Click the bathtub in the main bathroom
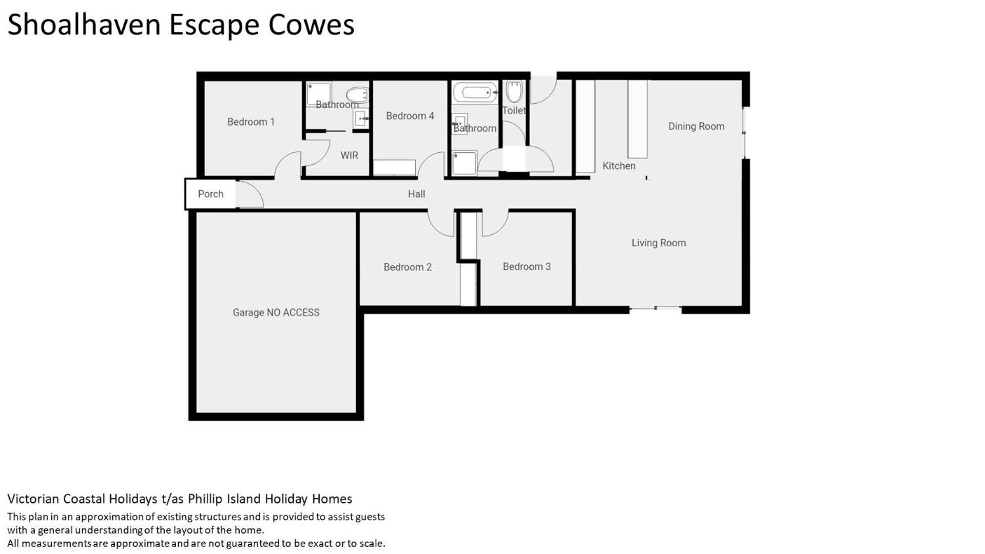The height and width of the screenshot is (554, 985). tap(475, 93)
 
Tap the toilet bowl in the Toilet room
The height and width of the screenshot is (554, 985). tap(514, 91)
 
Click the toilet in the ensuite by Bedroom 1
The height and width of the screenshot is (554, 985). tap(357, 94)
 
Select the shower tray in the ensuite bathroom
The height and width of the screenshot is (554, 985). tap(319, 94)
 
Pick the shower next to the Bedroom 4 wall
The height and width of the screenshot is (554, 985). tap(464, 163)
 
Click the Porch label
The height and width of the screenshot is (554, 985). tap(210, 194)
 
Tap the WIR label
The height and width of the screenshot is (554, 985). tap(349, 155)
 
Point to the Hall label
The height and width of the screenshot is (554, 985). tap(416, 194)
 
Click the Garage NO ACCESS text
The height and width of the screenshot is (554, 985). tap(276, 312)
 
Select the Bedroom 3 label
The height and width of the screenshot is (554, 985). tap(527, 266)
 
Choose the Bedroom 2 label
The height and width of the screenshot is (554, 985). tap(408, 267)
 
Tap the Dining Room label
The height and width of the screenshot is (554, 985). tap(696, 126)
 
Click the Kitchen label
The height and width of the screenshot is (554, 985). tap(619, 166)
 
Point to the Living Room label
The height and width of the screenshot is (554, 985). tap(659, 243)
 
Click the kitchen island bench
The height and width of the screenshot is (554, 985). tap(638, 119)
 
